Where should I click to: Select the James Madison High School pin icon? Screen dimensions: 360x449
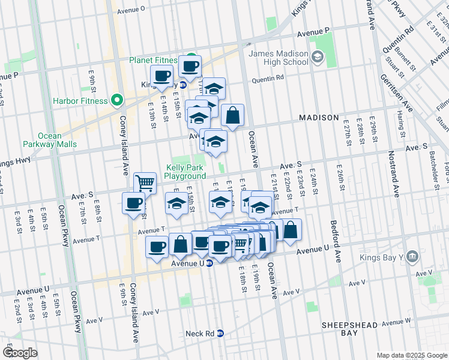(x=317, y=58)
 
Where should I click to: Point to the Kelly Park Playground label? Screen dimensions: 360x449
(x=185, y=172)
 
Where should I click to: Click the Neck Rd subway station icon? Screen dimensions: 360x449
(x=220, y=334)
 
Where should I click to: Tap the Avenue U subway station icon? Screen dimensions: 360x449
(x=209, y=263)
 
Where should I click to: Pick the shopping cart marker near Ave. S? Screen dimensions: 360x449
(x=145, y=182)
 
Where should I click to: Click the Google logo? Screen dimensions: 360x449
(x=19, y=353)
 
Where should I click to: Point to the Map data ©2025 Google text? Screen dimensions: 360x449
(x=412, y=355)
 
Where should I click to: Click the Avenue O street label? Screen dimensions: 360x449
(x=131, y=10)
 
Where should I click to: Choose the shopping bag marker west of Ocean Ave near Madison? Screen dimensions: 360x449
(x=232, y=115)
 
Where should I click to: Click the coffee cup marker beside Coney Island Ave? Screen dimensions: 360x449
(x=133, y=202)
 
